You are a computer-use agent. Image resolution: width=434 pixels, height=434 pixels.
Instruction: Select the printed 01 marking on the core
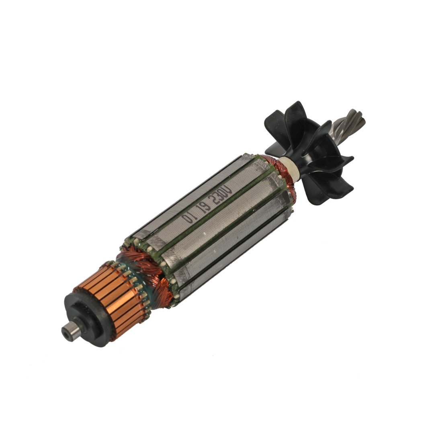[x=188, y=218]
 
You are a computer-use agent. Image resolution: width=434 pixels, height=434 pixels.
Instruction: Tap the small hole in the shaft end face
[x=66, y=333]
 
